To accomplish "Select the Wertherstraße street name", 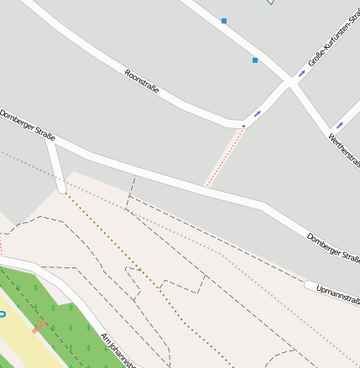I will (x=344, y=148).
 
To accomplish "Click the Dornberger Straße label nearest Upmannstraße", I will (x=333, y=244).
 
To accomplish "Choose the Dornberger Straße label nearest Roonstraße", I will (x=28, y=124).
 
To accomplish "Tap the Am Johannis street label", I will (x=117, y=350).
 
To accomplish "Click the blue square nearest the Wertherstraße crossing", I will (x=255, y=60).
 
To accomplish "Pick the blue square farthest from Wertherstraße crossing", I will (x=224, y=20).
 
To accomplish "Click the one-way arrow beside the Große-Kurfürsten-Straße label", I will (x=302, y=73).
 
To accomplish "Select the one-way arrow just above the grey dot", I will (x=258, y=113).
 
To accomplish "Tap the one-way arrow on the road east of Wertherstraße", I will (x=341, y=125).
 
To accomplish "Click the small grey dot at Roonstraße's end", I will (x=244, y=126).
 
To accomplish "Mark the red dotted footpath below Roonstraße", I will (x=225, y=157).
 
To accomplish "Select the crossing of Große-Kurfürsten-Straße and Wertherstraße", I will (x=291, y=82).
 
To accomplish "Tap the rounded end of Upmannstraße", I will (x=310, y=286).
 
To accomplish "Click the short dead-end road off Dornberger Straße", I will (x=55, y=163).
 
